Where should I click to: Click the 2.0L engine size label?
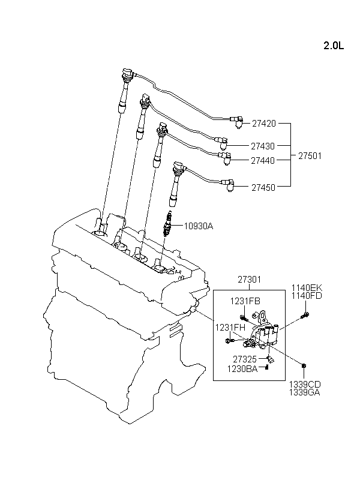click(334, 46)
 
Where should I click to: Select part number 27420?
click(264, 124)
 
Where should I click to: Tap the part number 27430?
click(263, 146)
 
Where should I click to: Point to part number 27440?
click(263, 161)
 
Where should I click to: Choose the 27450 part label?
click(263, 188)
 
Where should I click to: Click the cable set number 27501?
click(310, 156)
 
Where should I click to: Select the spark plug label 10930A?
click(199, 226)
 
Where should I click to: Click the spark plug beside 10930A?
click(168, 223)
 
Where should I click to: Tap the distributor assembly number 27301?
click(249, 279)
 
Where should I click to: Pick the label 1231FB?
click(245, 301)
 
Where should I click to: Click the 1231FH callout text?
click(230, 328)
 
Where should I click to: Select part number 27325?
click(245, 359)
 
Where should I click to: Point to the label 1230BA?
click(242, 369)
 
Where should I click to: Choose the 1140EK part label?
click(307, 288)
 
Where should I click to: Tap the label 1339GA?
click(305, 392)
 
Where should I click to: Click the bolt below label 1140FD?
click(305, 315)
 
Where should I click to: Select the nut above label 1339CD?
click(304, 365)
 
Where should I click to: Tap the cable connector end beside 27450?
click(228, 185)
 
